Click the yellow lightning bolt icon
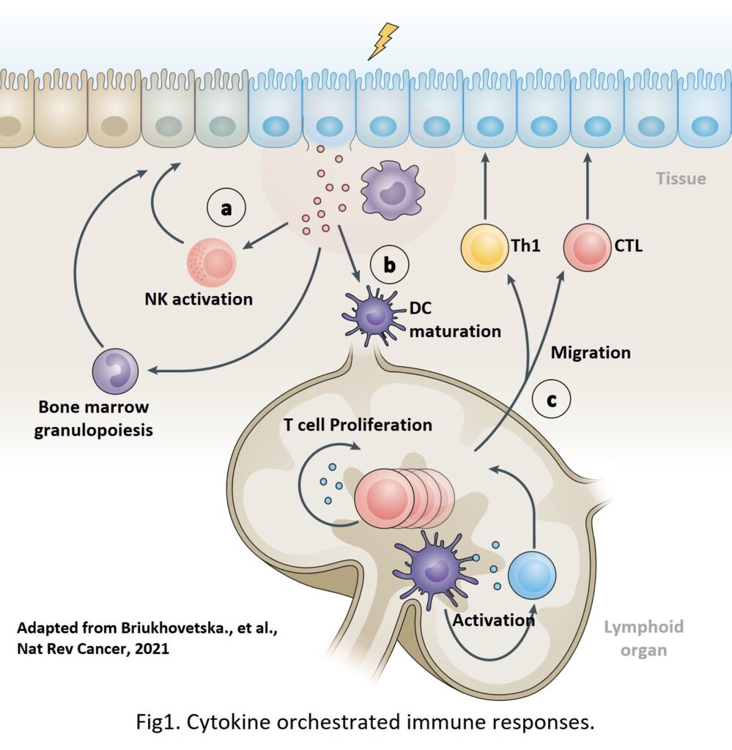point(383,41)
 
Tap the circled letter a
point(226,209)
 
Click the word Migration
point(591,352)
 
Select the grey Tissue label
point(681,178)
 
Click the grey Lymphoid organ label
point(643,638)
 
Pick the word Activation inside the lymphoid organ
point(493,620)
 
